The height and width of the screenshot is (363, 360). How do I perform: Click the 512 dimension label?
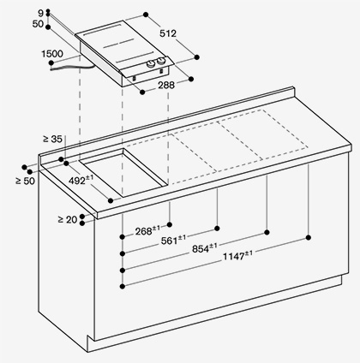[168, 33]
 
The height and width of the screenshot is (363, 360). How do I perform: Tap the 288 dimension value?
[165, 85]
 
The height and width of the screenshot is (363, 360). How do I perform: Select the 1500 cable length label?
[52, 54]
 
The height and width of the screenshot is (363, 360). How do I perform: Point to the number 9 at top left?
[41, 13]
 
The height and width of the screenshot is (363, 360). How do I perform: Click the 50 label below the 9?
[38, 24]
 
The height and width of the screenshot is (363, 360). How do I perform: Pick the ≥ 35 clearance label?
[52, 139]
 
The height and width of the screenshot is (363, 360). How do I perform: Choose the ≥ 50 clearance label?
[26, 181]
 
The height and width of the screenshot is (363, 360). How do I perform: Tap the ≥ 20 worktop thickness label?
[68, 220]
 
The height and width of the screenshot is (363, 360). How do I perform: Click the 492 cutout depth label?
[81, 180]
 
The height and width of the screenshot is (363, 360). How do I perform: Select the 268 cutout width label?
[147, 230]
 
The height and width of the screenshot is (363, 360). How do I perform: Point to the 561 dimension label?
[173, 240]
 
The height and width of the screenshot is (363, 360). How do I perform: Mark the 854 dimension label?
[205, 248]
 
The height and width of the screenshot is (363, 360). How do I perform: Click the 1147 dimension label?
[237, 255]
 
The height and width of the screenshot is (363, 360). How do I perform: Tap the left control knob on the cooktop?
[151, 64]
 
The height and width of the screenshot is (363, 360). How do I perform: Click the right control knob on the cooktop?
[161, 61]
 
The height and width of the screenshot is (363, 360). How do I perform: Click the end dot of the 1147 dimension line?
[309, 237]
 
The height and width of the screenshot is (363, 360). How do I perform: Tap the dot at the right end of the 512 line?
[196, 57]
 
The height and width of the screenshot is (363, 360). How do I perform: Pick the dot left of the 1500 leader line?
[51, 62]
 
